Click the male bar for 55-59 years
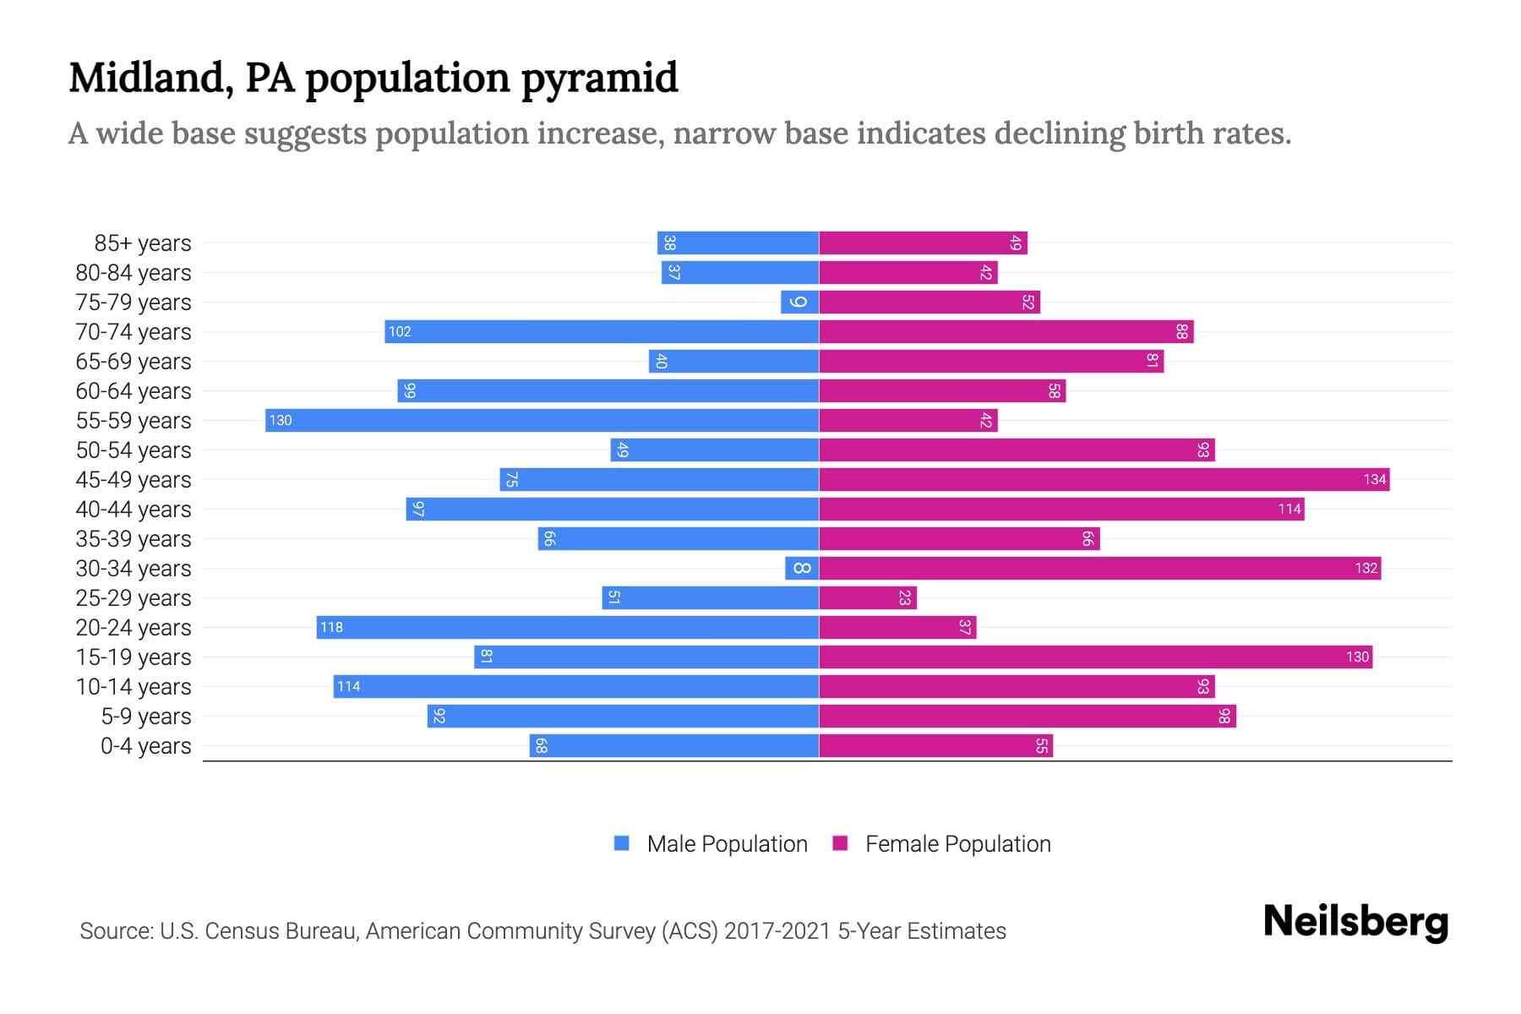(x=542, y=420)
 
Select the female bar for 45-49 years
(x=1104, y=479)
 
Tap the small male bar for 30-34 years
(x=802, y=568)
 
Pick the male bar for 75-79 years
(x=799, y=302)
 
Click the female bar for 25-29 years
(x=868, y=597)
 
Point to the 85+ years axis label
(x=142, y=243)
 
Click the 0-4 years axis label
(x=145, y=746)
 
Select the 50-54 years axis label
(x=134, y=450)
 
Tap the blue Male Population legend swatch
(x=622, y=843)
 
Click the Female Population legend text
(x=957, y=843)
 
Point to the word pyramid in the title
(x=599, y=78)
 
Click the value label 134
(x=1374, y=479)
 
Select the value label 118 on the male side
(x=331, y=627)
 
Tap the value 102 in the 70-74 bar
(x=400, y=331)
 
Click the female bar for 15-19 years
(x=1095, y=657)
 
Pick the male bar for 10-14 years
(x=575, y=686)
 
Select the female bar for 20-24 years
(x=897, y=627)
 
